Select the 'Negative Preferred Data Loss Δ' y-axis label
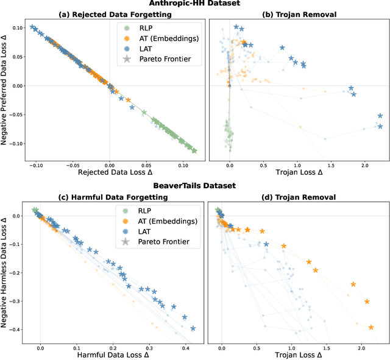[5, 91]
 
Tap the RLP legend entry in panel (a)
[145, 27]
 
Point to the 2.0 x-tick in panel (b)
[364, 165]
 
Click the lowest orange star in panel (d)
[371, 327]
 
